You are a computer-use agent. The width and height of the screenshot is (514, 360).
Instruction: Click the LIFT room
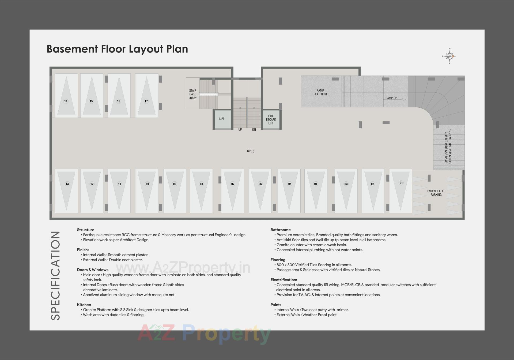[222, 119]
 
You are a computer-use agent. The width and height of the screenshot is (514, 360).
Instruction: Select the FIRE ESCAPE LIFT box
[271, 120]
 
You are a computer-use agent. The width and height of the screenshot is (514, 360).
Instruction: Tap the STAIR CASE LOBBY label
[193, 94]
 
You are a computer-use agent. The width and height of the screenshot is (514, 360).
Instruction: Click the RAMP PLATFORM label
[320, 92]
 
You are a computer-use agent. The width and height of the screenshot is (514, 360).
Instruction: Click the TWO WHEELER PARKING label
[436, 193]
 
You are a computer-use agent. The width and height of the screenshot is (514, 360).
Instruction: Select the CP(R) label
[251, 151]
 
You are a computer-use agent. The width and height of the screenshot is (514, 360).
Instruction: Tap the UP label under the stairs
[240, 130]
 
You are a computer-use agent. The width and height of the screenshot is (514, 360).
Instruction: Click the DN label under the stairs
[254, 130]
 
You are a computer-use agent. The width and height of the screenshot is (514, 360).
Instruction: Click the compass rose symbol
[449, 56]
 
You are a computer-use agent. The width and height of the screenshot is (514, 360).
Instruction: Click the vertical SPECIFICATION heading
[55, 276]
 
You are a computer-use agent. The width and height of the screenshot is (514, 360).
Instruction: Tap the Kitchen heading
[84, 305]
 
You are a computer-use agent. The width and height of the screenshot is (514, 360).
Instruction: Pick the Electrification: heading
[284, 280]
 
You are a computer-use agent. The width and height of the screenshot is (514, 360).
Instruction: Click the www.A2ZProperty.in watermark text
[183, 268]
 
